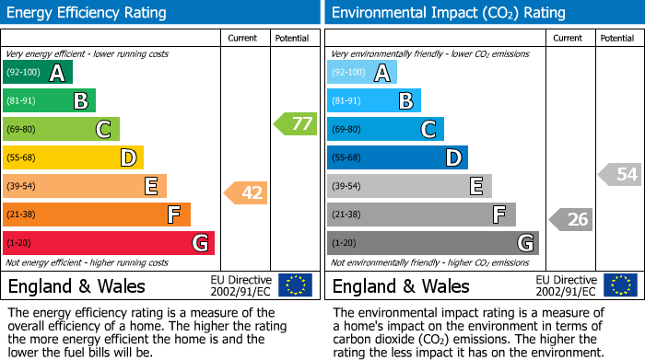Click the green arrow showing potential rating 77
pyautogui.click(x=295, y=123)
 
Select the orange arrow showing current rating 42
pyautogui.click(x=246, y=192)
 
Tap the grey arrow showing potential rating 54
pyautogui.click(x=619, y=173)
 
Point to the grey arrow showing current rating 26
pyautogui.click(x=570, y=219)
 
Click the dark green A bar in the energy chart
pyautogui.click(x=37, y=73)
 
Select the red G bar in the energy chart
pyautogui.click(x=109, y=243)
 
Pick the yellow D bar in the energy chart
pyautogui.click(x=73, y=157)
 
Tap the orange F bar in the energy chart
pyautogui.click(x=97, y=215)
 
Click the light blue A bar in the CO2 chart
pyautogui.click(x=361, y=73)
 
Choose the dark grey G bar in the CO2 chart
pyautogui.click(x=432, y=243)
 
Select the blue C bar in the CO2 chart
pyautogui.click(x=384, y=129)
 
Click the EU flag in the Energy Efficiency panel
pyautogui.click(x=295, y=285)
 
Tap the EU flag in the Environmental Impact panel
pyautogui.click(x=620, y=285)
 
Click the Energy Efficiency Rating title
pyautogui.click(x=88, y=13)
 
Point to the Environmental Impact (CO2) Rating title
pyautogui.click(x=448, y=13)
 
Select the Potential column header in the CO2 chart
pyautogui.click(x=617, y=38)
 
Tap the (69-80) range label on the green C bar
pyautogui.click(x=24, y=130)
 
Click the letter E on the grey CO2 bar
pyautogui.click(x=475, y=186)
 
